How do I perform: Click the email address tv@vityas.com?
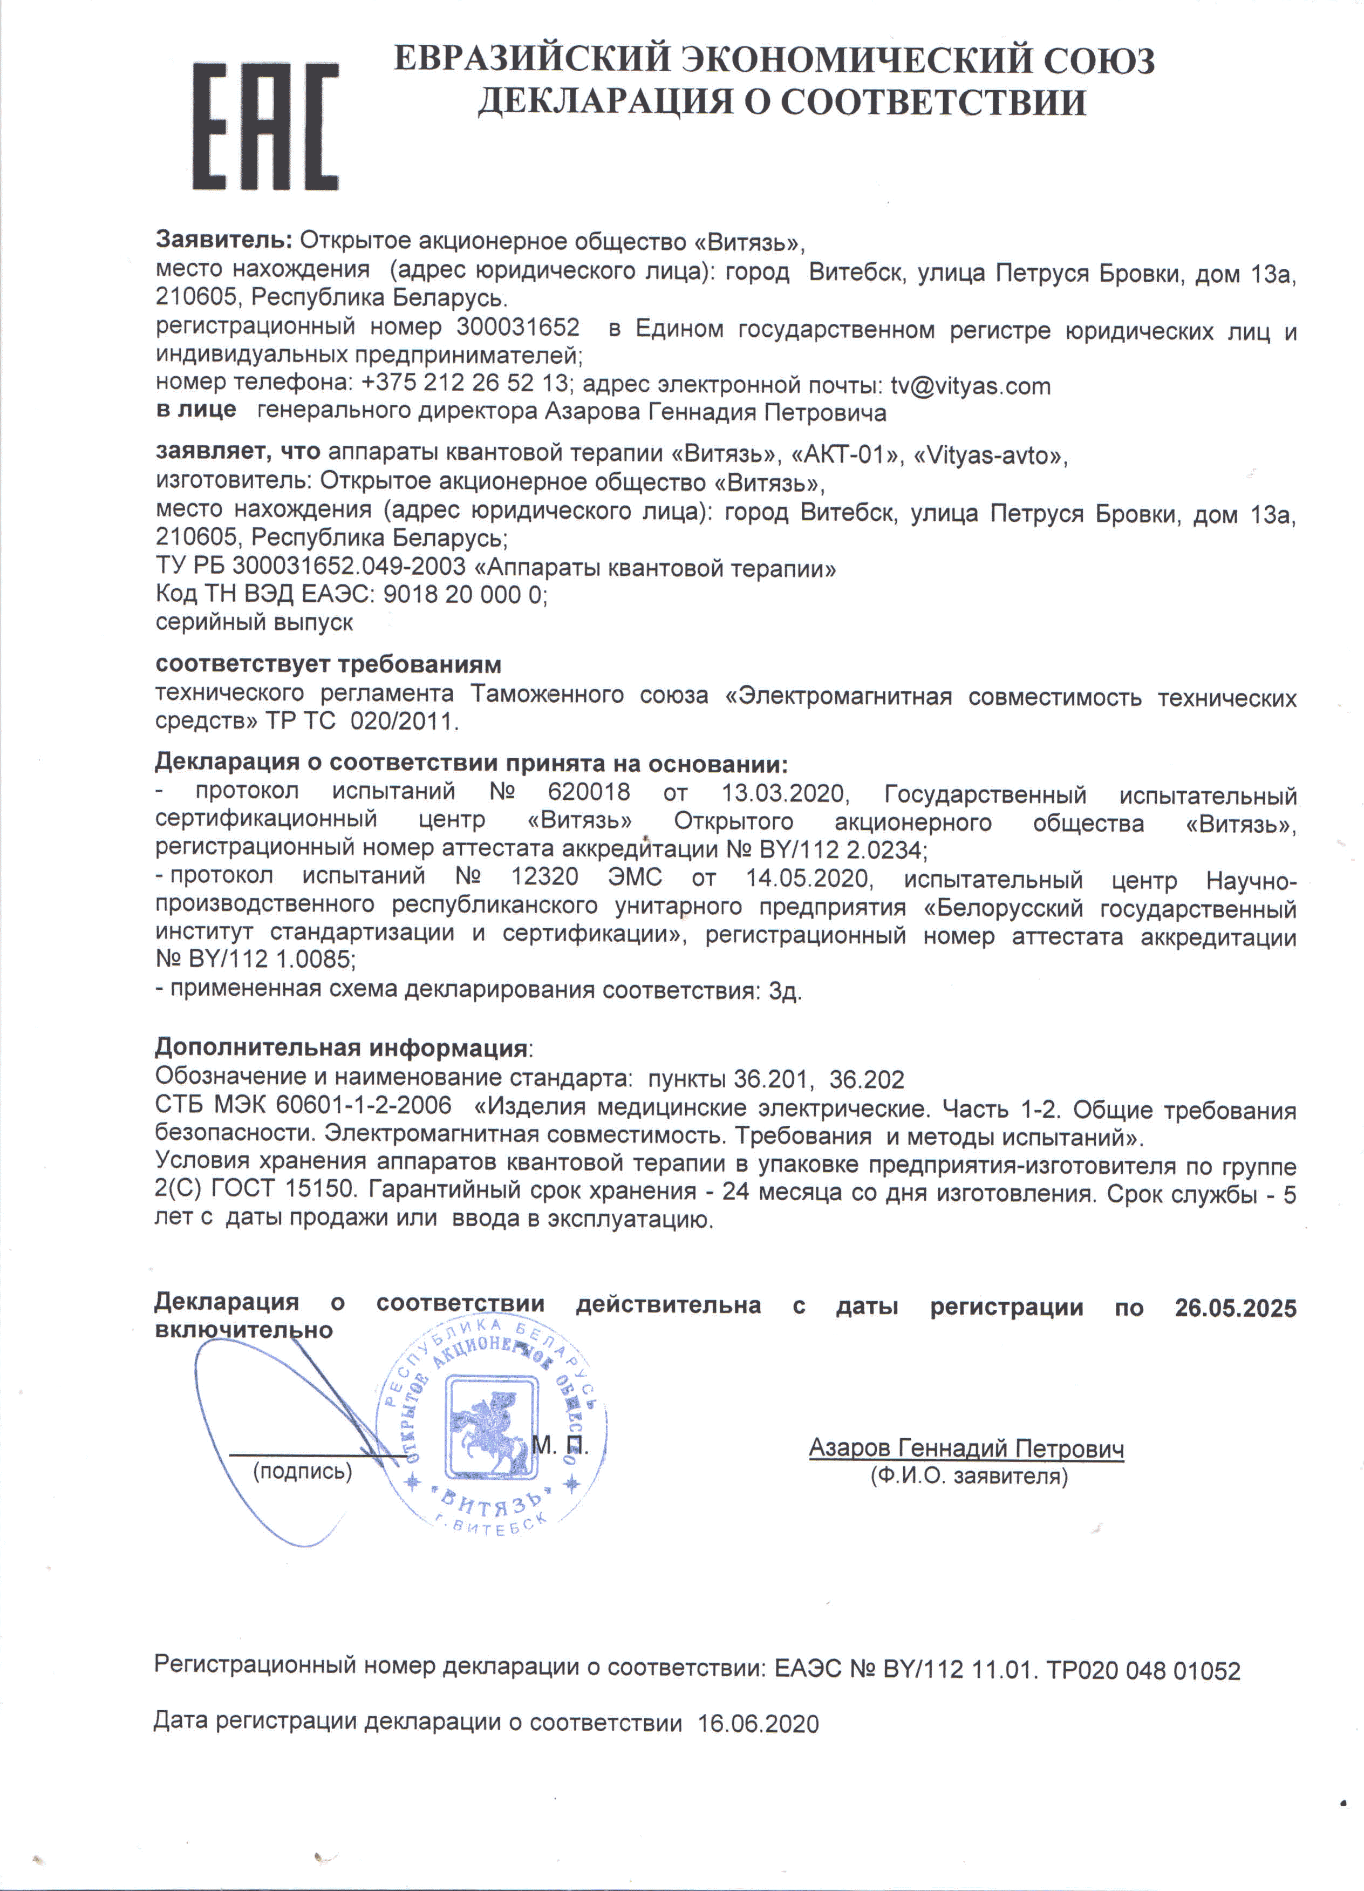(971, 386)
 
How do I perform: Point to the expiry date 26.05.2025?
(1235, 1308)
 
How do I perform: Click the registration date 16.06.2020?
(758, 1723)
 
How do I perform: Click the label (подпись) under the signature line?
(302, 1472)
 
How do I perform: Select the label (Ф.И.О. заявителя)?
(969, 1477)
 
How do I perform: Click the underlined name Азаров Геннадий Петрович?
(965, 1448)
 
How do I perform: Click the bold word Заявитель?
(223, 240)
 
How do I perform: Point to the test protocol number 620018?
(589, 792)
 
